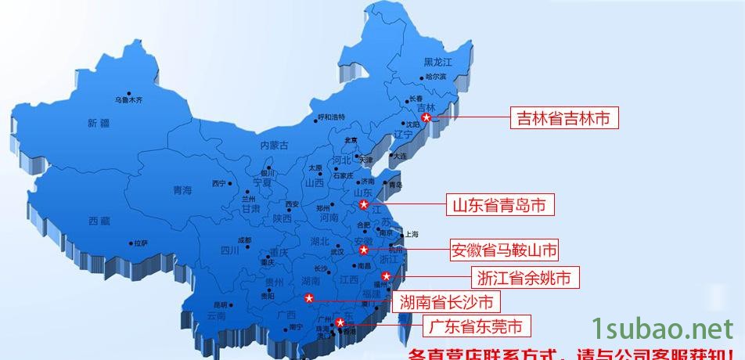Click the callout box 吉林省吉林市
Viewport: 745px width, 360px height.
point(563,118)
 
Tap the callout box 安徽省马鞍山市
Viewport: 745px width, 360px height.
point(505,251)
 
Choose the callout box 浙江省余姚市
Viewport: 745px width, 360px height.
point(527,277)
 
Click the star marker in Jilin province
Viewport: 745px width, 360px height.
point(426,117)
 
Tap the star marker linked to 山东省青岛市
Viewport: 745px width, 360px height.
point(364,205)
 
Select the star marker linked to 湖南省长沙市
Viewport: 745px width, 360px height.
point(309,298)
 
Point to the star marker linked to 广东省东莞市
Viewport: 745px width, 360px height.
point(340,322)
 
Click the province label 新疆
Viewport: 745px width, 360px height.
point(99,123)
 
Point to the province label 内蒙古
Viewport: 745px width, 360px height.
point(274,145)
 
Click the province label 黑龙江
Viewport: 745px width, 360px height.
point(438,62)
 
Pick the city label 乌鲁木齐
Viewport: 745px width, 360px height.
point(129,100)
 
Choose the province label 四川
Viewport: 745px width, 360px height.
point(229,250)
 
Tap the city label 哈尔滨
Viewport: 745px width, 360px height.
point(436,77)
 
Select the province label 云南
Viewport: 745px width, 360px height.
point(216,315)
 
